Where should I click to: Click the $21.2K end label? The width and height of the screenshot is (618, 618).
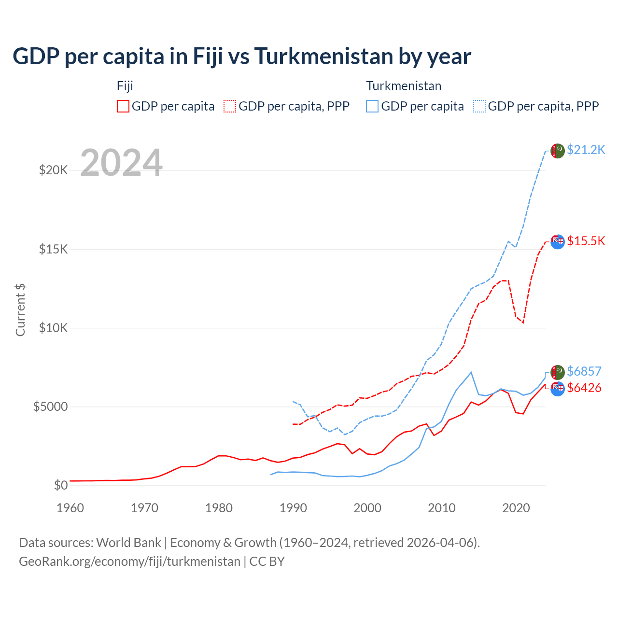tap(586, 150)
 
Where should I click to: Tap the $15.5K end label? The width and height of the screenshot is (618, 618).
tap(586, 241)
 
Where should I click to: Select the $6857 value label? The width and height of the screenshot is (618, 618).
tap(584, 371)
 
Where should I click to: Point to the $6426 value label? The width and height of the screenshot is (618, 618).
tap(584, 388)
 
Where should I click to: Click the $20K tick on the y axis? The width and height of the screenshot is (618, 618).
tap(53, 170)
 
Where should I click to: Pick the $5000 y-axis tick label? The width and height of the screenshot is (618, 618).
tap(50, 407)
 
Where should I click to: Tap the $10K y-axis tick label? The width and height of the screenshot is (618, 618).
tap(53, 328)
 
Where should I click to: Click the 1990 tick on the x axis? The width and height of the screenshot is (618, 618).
tap(293, 508)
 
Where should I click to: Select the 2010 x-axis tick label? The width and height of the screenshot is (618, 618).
tap(442, 508)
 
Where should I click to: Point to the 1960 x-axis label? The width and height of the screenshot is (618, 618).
tap(70, 508)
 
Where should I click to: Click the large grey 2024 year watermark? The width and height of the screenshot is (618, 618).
tap(121, 163)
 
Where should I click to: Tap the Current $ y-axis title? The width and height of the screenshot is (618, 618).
tap(20, 310)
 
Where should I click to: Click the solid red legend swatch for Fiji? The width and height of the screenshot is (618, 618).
tap(123, 106)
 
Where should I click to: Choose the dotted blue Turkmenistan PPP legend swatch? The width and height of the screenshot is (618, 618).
tap(479, 106)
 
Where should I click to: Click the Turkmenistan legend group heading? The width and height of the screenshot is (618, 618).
tap(404, 86)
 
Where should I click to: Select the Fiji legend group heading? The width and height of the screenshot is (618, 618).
tap(125, 86)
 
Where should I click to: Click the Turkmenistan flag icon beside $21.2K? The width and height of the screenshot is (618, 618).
tap(558, 151)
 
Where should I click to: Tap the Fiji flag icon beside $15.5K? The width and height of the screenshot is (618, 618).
tap(558, 241)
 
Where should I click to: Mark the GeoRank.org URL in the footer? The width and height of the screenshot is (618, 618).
tap(129, 562)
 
